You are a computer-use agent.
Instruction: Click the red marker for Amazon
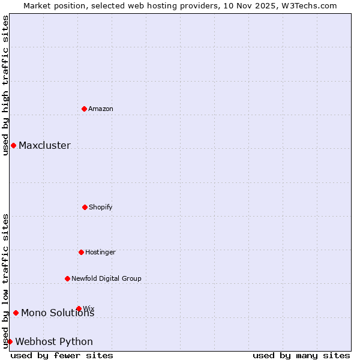click(x=85, y=109)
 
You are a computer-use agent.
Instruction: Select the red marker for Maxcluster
click(x=13, y=145)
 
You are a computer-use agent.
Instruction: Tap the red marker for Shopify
click(x=85, y=207)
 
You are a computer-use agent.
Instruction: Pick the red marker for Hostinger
click(x=81, y=252)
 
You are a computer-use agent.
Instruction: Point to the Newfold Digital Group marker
click(x=67, y=278)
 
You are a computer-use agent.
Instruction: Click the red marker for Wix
click(x=79, y=308)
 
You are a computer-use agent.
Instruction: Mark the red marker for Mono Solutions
click(x=16, y=313)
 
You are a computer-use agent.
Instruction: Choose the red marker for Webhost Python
click(x=10, y=341)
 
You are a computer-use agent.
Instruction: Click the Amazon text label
click(x=101, y=109)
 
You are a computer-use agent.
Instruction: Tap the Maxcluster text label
click(x=44, y=145)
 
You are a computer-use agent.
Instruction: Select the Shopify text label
click(x=101, y=207)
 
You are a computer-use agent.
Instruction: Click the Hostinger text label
click(x=100, y=252)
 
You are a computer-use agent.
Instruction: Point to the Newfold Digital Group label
click(x=106, y=278)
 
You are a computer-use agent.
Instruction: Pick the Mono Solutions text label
click(x=58, y=313)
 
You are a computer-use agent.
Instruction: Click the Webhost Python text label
click(x=54, y=342)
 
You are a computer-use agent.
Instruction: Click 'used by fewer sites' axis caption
click(x=62, y=355)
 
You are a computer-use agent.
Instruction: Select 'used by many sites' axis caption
click(x=301, y=355)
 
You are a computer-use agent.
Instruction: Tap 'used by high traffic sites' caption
click(x=5, y=85)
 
